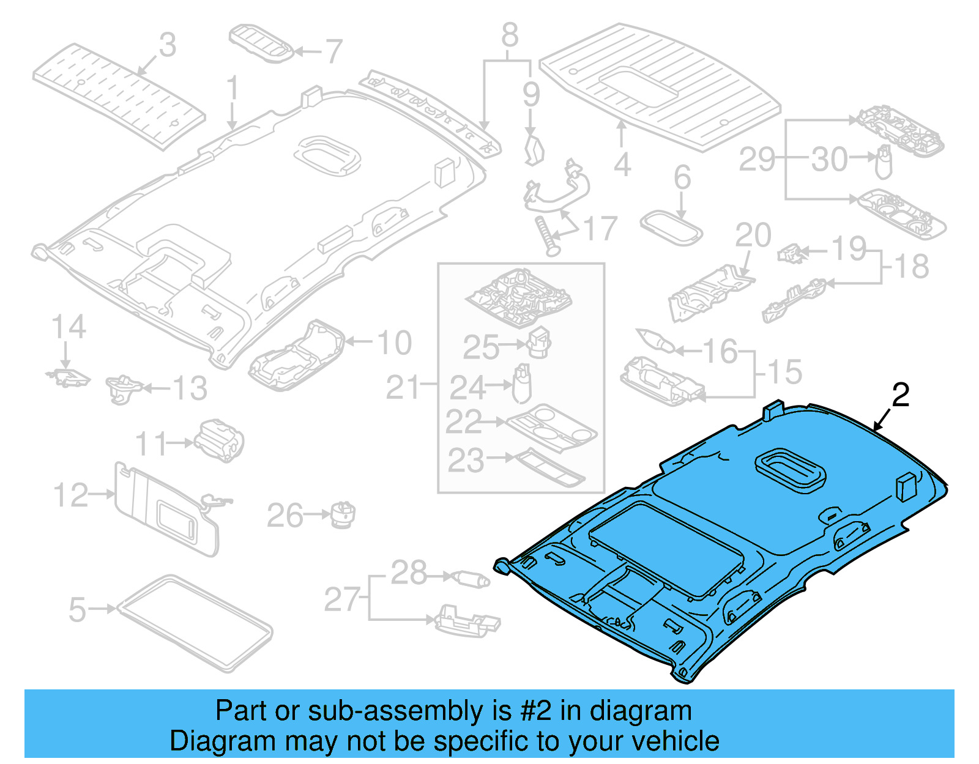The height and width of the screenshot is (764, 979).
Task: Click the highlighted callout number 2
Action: point(900,396)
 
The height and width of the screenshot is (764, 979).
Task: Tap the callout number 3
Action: point(167,45)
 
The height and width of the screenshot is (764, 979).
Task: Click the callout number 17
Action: point(600,229)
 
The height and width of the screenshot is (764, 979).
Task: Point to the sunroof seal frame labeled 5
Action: point(195,623)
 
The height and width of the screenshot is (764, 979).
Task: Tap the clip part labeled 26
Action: point(343,515)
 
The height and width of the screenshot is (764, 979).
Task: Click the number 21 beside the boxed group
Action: point(403,387)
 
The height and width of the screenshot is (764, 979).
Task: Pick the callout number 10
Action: point(395,343)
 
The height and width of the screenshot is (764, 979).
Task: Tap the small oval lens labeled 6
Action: point(671,228)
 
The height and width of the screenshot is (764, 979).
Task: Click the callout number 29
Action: point(758,160)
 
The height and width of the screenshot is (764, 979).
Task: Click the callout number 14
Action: point(69,327)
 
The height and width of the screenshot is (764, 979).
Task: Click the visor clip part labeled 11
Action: point(219,440)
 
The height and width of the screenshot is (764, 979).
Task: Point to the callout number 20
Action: point(753,236)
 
